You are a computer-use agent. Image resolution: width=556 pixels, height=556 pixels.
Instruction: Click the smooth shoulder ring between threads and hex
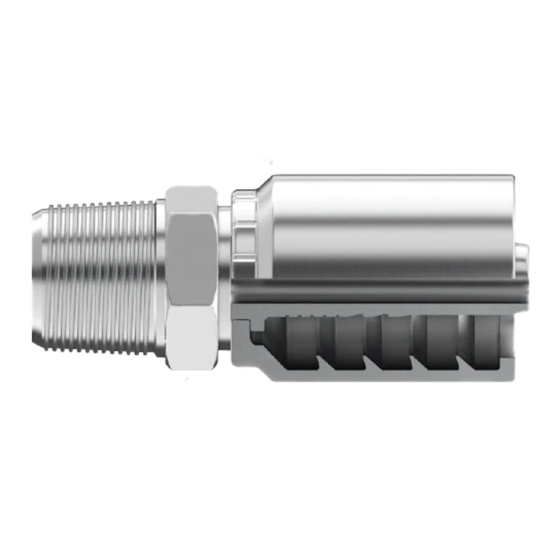pyautogui.click(x=160, y=278)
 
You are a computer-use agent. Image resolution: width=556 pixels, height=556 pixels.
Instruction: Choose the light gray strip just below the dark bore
pyautogui.click(x=373, y=308)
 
